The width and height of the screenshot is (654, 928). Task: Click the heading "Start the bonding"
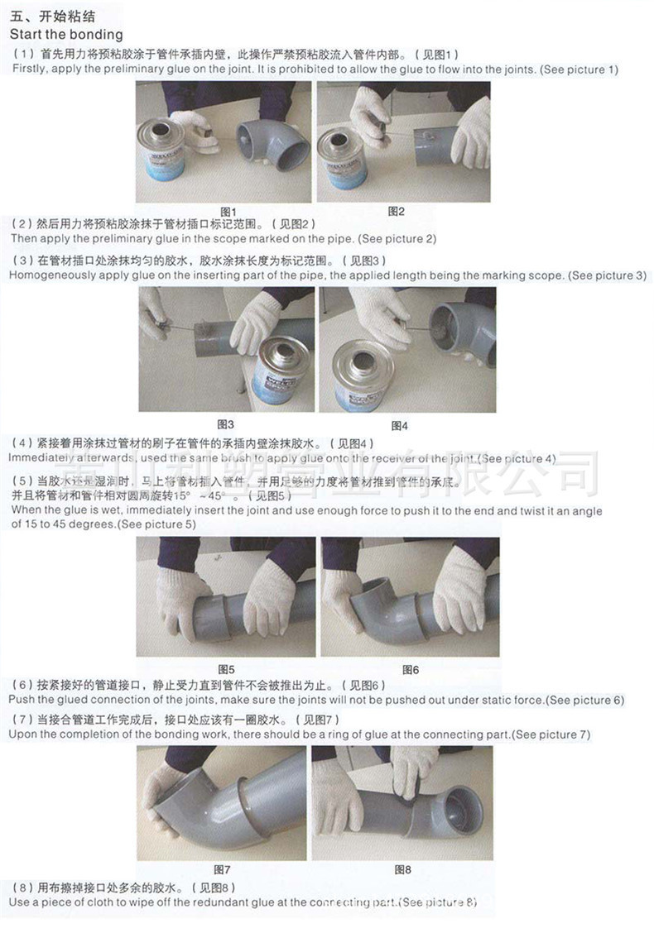pyautogui.click(x=66, y=35)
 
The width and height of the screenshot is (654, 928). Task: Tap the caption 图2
pyautogui.click(x=397, y=211)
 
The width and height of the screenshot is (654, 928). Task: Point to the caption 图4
pyautogui.click(x=398, y=425)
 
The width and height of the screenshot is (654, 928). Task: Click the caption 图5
pyautogui.click(x=226, y=668)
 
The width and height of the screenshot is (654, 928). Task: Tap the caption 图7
pyautogui.click(x=222, y=869)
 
